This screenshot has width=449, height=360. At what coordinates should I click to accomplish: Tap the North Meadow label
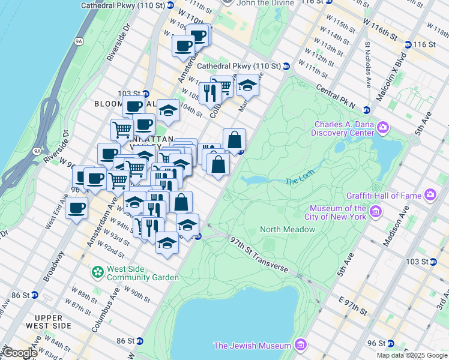pos(287,229)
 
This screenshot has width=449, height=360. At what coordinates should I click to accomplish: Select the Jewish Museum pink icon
pos(301,345)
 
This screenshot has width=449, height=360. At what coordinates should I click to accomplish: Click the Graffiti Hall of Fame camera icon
pos(430,194)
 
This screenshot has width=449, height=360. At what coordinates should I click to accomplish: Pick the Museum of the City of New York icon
pos(376,211)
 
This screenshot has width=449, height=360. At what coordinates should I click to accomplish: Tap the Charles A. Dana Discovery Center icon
pos(383,127)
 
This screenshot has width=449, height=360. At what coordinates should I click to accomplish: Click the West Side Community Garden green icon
pos(97,272)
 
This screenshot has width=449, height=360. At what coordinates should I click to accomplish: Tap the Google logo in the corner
pos(19,353)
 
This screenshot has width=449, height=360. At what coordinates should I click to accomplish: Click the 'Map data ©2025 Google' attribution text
pos(411,355)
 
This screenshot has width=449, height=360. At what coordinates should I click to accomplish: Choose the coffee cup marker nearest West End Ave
pos(76,209)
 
